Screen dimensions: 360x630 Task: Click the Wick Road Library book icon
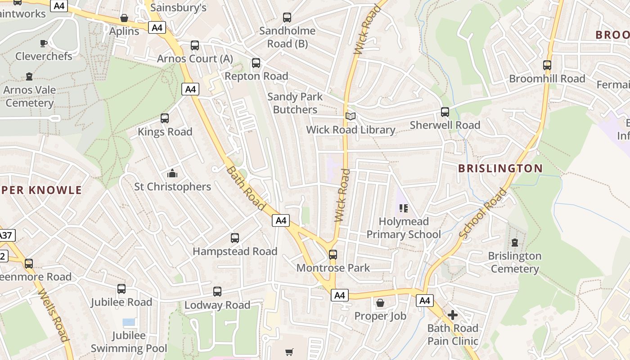point(351,116)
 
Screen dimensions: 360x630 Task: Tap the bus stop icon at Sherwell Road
point(445,112)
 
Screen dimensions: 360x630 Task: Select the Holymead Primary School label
point(404,228)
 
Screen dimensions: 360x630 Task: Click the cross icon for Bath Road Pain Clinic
point(453,315)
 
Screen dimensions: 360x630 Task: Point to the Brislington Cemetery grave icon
point(515,243)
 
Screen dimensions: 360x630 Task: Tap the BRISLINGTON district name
point(500,169)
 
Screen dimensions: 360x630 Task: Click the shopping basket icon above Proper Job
point(380,303)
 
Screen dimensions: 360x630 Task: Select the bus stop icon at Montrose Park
point(333,255)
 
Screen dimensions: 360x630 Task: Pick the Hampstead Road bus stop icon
point(235,238)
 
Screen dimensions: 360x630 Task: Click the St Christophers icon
point(172,173)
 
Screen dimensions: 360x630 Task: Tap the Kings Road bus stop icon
point(165,118)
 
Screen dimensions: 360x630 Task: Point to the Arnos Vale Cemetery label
point(30,96)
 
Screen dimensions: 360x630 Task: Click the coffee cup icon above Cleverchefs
point(43,43)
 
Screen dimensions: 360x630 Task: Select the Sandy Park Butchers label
point(295,103)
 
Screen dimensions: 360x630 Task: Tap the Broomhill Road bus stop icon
point(547,65)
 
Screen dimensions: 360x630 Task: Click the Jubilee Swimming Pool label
point(129,342)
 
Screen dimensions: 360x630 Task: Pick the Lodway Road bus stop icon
point(217,292)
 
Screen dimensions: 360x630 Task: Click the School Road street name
point(483,213)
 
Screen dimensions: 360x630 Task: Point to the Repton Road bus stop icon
point(256,63)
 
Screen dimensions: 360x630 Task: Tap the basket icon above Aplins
point(124,18)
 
